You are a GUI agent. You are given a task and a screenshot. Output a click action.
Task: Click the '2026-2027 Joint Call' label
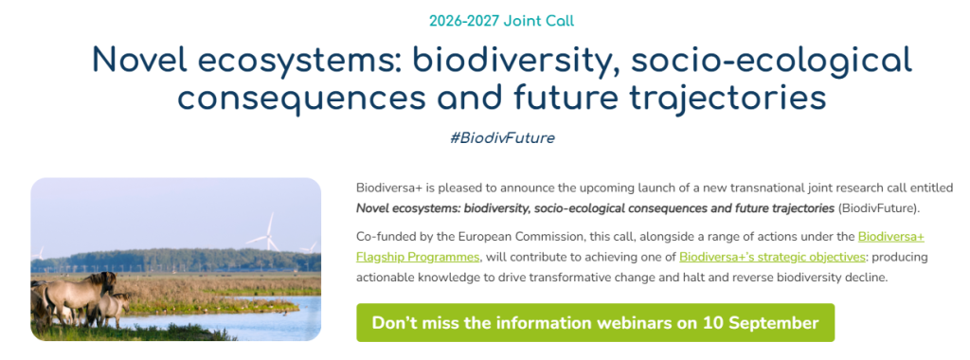tap(502, 21)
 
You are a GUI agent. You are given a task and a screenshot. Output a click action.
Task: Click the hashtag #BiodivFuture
tap(502, 138)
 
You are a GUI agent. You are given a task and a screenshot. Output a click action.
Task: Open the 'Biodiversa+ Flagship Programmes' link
tap(640, 246)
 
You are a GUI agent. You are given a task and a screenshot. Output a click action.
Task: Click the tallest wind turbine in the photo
tap(269, 232)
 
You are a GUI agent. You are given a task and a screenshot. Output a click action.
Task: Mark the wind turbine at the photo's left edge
tap(40, 254)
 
